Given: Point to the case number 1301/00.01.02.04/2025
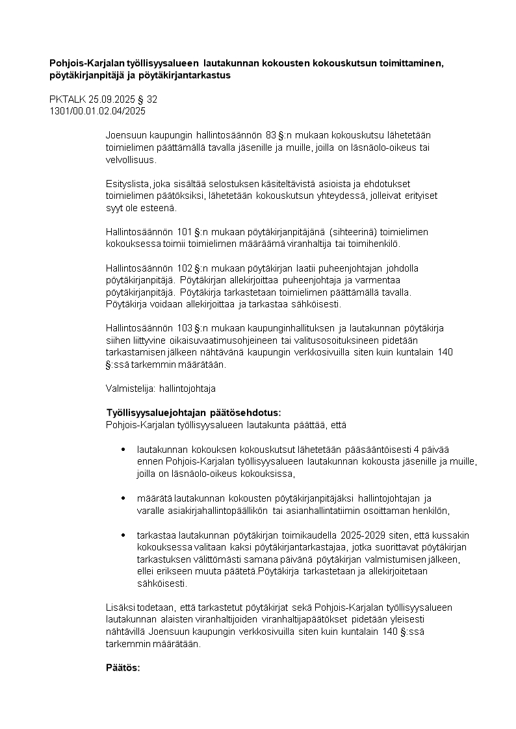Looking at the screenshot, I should [x=97, y=110].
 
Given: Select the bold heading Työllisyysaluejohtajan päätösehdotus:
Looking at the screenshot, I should [x=193, y=413].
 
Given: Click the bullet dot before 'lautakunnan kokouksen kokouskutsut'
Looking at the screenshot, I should [x=123, y=450].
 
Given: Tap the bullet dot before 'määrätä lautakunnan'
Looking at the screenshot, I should [x=123, y=498].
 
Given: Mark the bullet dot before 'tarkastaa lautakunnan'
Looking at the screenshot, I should [x=123, y=535].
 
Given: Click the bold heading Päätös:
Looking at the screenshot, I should [x=123, y=667].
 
